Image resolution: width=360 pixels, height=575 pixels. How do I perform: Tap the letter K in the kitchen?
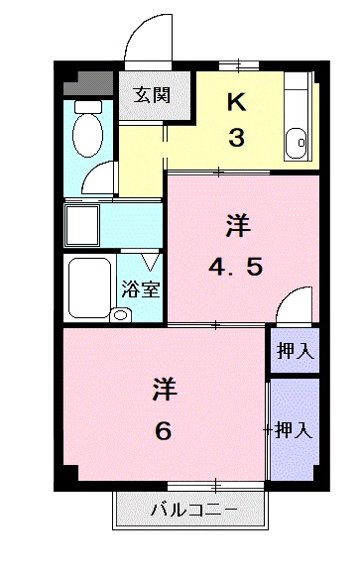(236, 101)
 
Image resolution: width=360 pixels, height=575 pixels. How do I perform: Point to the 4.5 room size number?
(237, 268)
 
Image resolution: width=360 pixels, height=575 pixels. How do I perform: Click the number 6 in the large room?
(164, 431)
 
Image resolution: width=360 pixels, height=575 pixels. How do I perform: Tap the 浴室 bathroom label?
(141, 290)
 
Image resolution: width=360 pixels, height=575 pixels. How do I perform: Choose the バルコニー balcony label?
(193, 513)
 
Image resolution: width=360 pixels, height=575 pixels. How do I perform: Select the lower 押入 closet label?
(294, 429)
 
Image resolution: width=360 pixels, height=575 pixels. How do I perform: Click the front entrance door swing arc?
(149, 38)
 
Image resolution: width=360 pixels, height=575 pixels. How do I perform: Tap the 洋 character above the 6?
(164, 390)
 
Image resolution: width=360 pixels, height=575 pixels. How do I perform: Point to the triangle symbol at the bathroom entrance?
(149, 263)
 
